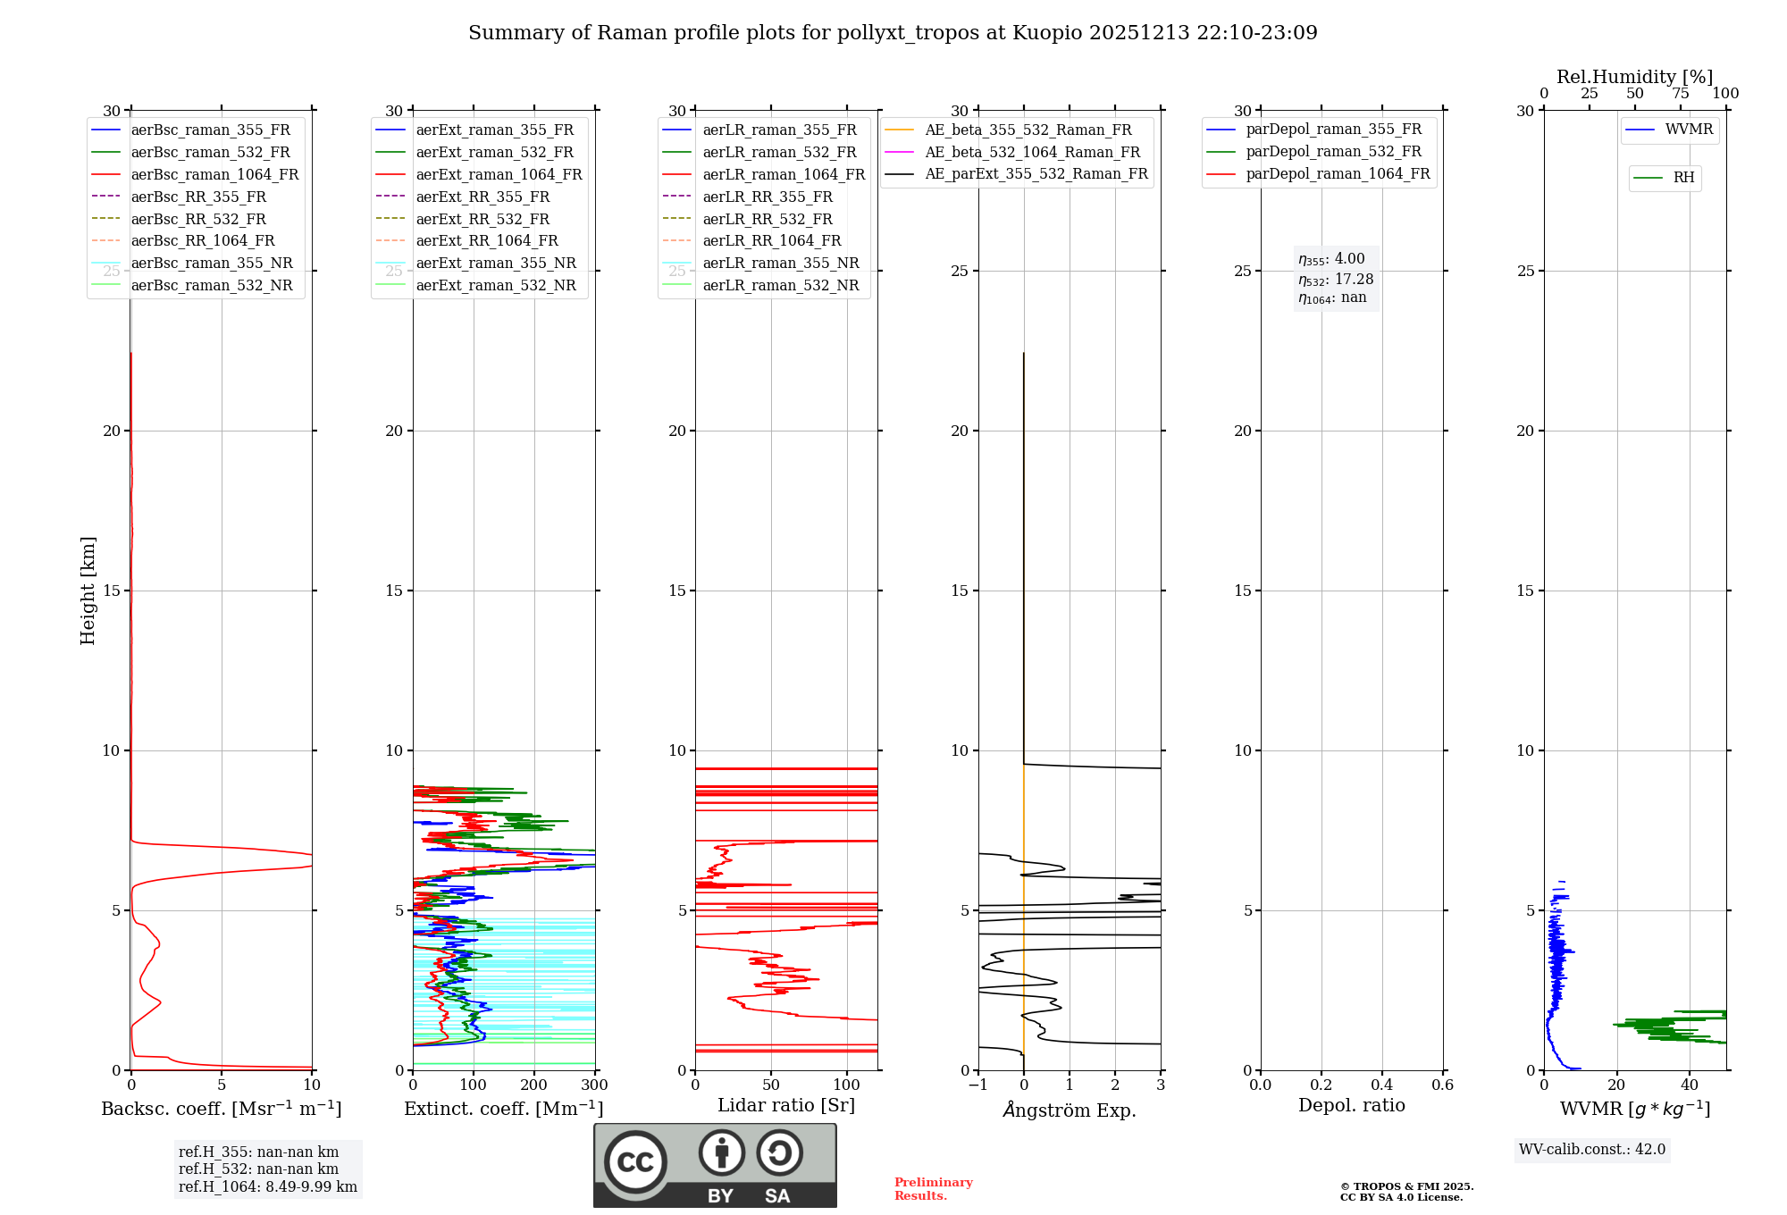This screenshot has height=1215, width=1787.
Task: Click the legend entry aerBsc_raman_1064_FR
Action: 214,174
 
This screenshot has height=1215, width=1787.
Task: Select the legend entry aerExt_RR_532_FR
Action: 482,219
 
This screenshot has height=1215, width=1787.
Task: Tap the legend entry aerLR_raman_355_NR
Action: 781,263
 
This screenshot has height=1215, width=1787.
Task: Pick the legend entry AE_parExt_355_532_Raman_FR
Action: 1036,173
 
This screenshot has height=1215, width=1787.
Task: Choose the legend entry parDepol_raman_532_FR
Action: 1333,152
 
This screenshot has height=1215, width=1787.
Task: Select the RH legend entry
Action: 1683,178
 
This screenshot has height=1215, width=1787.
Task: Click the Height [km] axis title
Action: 88,590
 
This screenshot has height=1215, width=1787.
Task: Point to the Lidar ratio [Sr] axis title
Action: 786,1105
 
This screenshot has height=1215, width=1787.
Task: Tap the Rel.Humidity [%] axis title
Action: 1634,77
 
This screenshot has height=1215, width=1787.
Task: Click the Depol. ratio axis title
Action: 1351,1105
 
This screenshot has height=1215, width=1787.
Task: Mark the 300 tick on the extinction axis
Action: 594,1085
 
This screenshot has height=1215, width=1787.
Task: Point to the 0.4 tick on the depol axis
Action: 1381,1085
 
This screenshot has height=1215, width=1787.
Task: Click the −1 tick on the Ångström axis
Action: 977,1085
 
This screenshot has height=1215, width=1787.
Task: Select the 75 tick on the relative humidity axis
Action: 1680,94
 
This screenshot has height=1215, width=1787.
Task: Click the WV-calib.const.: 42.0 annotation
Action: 1592,1149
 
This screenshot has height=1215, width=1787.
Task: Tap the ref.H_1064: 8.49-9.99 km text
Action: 268,1186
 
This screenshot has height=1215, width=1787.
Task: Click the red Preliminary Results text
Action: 933,1188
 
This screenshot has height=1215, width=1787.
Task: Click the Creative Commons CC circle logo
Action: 635,1161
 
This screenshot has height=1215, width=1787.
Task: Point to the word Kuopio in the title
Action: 1046,33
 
